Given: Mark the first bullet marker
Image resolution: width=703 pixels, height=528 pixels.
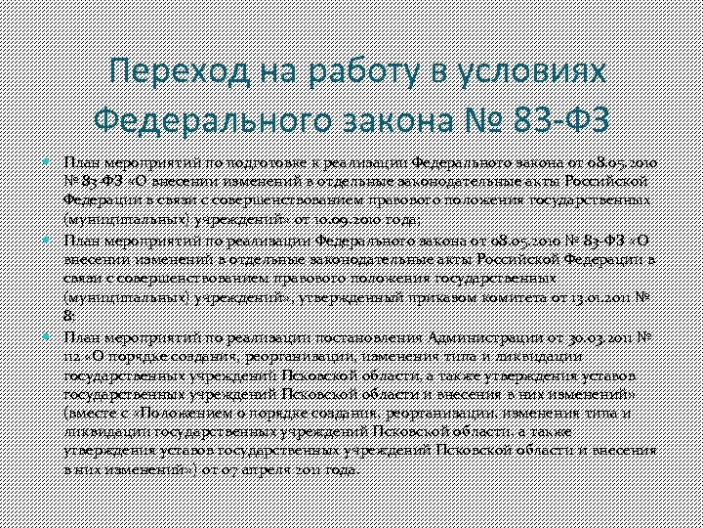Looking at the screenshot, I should click(x=51, y=161).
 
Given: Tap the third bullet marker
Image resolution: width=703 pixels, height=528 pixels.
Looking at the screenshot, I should click(x=51, y=335).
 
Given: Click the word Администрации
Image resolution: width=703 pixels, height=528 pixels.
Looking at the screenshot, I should click(x=462, y=337).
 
